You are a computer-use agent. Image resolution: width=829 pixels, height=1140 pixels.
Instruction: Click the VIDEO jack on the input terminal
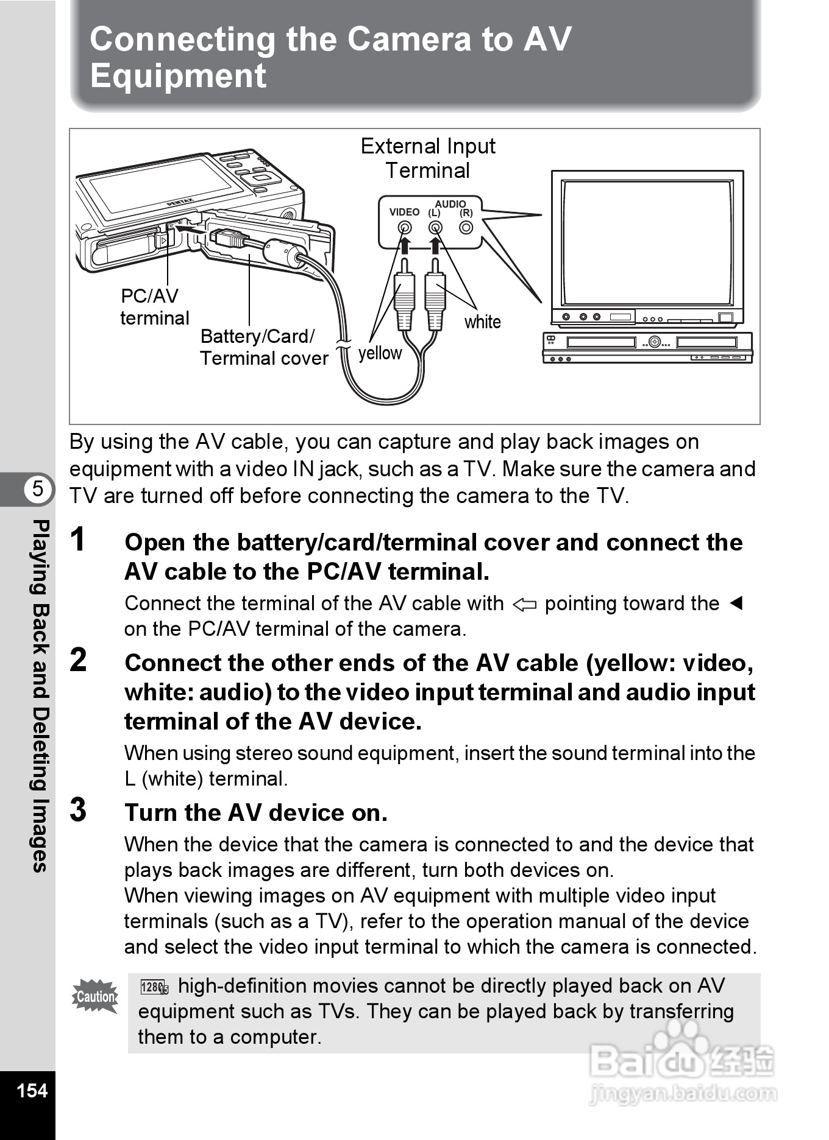pyautogui.click(x=404, y=228)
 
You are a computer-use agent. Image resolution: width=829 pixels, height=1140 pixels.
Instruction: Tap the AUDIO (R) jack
pyautogui.click(x=466, y=228)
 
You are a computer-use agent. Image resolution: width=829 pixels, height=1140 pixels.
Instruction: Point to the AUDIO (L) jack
pyautogui.click(x=435, y=228)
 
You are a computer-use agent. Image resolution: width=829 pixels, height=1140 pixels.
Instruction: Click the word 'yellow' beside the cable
pyautogui.click(x=380, y=353)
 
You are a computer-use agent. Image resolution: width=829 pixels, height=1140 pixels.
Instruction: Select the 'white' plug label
pyautogui.click(x=482, y=322)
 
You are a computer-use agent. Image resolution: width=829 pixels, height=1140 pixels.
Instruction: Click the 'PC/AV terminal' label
pyautogui.click(x=154, y=307)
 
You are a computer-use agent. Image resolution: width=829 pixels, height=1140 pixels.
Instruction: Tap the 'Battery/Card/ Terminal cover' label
pyautogui.click(x=263, y=347)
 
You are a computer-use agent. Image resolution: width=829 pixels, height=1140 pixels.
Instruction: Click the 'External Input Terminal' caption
pyautogui.click(x=428, y=158)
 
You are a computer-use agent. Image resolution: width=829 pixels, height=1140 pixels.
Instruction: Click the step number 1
pyautogui.click(x=78, y=540)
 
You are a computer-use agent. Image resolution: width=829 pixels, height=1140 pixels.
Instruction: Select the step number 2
pyautogui.click(x=78, y=660)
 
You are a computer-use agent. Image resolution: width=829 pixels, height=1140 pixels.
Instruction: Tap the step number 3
pyautogui.click(x=78, y=810)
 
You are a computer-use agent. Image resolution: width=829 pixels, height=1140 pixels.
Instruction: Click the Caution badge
pyautogui.click(x=95, y=996)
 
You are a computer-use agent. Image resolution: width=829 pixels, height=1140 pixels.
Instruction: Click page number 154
pyautogui.click(x=32, y=1090)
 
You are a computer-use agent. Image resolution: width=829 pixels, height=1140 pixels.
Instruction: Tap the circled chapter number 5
pyautogui.click(x=38, y=488)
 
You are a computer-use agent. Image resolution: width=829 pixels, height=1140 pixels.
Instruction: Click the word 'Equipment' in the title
pyautogui.click(x=178, y=77)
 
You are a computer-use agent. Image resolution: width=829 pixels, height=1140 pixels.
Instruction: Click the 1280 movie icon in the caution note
pyautogui.click(x=154, y=987)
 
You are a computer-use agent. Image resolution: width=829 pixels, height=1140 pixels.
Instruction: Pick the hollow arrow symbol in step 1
pyautogui.click(x=524, y=605)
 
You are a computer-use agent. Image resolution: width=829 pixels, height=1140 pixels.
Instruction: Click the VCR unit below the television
pyautogui.click(x=647, y=347)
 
